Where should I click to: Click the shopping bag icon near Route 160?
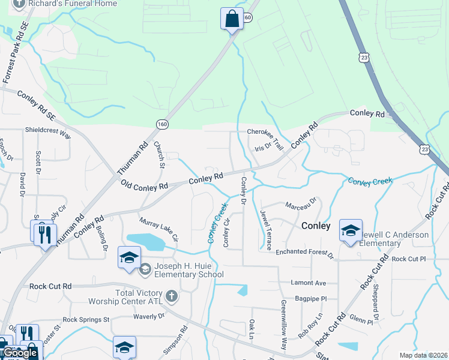pyautogui.click(x=232, y=19)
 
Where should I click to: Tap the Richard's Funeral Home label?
pyautogui.click(x=64, y=3)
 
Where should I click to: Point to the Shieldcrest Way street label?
pyautogui.click(x=48, y=133)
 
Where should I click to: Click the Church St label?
pyautogui.click(x=159, y=152)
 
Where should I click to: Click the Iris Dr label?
pyautogui.click(x=264, y=146)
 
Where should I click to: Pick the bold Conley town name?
pyautogui.click(x=316, y=226)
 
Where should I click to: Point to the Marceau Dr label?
pyautogui.click(x=300, y=206)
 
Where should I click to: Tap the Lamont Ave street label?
pyautogui.click(x=307, y=283)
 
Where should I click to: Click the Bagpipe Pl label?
pyautogui.click(x=311, y=298)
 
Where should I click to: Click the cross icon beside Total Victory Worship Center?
pyautogui.click(x=172, y=296)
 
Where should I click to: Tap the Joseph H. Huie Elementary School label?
pyautogui.click(x=188, y=271)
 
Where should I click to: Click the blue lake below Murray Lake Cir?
pyautogui.click(x=146, y=241)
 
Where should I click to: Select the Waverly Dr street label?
pyautogui.click(x=148, y=316)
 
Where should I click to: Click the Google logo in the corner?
pyautogui.click(x=20, y=353)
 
